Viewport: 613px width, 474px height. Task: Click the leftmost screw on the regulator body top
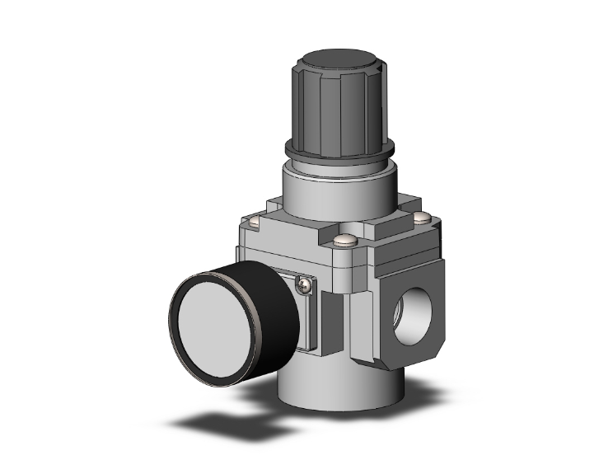tap(255, 219)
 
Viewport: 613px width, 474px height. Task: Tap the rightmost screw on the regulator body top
tap(423, 217)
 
